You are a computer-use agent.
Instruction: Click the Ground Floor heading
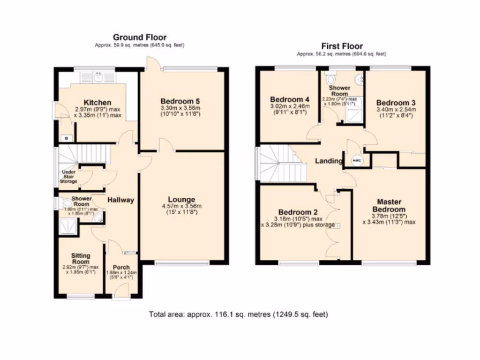[x=139, y=37]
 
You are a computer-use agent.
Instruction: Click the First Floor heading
[x=342, y=46]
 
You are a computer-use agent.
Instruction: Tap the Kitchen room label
[x=97, y=103]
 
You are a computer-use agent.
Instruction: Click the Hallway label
[x=120, y=200]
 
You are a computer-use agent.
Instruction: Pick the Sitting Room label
[x=80, y=259]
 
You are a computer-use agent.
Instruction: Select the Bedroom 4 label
[x=290, y=99]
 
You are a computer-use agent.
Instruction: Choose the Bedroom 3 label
[x=396, y=103]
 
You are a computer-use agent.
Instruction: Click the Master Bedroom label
[x=389, y=205]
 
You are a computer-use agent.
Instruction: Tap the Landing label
[x=328, y=161]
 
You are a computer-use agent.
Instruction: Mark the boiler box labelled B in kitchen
[x=67, y=138]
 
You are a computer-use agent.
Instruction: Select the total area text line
[x=238, y=315]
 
